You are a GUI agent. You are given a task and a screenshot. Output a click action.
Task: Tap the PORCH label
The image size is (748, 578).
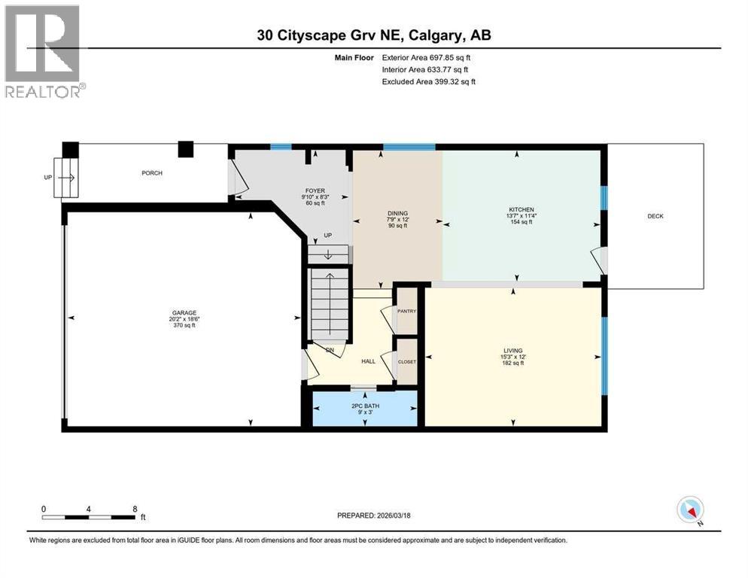pyautogui.click(x=152, y=173)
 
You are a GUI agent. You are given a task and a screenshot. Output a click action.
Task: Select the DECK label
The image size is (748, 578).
pyautogui.click(x=655, y=216)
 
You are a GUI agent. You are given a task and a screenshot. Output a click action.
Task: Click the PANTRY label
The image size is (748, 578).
pyautogui.click(x=406, y=311)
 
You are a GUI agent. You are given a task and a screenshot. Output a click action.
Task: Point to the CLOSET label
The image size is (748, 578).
pyautogui.click(x=406, y=362)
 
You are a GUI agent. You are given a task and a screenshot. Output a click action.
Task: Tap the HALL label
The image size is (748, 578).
pyautogui.click(x=368, y=361)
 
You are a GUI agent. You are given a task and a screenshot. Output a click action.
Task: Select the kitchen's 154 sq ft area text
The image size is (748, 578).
pyautogui.click(x=521, y=223)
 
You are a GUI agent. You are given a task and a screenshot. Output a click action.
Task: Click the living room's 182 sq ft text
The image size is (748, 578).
pyautogui.click(x=512, y=364)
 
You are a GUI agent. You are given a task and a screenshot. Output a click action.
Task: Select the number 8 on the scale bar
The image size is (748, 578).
pyautogui.click(x=134, y=509)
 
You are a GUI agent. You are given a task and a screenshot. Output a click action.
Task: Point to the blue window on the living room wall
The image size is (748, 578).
pyautogui.click(x=604, y=345)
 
